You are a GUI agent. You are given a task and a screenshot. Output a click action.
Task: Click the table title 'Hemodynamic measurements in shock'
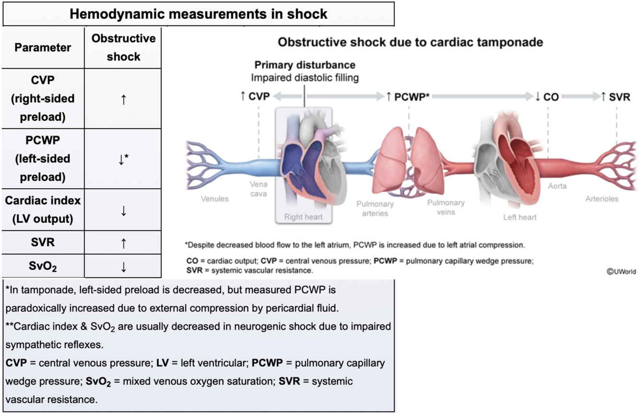(x=199, y=14)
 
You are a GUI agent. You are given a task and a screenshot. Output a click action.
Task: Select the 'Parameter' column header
(x=43, y=47)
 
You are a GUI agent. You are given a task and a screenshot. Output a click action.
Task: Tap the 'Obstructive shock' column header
(x=123, y=47)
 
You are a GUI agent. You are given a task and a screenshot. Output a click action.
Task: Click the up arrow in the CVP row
(x=123, y=99)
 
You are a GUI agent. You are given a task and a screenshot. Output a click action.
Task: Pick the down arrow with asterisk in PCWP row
(x=123, y=159)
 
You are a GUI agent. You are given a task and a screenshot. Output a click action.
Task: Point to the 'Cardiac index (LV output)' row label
(x=43, y=210)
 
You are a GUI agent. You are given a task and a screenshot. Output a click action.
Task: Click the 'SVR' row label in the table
(x=43, y=242)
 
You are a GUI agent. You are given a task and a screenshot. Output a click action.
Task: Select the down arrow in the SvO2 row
(x=123, y=267)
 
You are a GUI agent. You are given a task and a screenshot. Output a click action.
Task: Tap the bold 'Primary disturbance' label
(x=305, y=65)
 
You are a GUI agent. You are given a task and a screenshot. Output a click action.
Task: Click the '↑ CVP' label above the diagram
(x=255, y=97)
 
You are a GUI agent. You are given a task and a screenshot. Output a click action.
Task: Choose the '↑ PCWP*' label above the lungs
(x=407, y=97)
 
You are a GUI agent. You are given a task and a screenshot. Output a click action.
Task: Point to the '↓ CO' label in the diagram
(x=547, y=97)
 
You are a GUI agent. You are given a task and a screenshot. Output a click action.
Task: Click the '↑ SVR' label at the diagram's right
(x=616, y=97)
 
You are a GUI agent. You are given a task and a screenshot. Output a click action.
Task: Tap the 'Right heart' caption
(x=303, y=217)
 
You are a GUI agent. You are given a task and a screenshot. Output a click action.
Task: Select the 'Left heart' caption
(x=520, y=217)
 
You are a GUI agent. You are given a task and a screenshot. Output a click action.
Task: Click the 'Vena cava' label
(x=259, y=189)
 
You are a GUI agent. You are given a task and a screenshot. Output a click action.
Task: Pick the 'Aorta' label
(x=557, y=186)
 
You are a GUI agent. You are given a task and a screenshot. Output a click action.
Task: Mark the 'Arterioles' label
(x=602, y=199)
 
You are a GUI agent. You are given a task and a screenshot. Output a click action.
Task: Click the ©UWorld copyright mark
(x=621, y=271)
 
